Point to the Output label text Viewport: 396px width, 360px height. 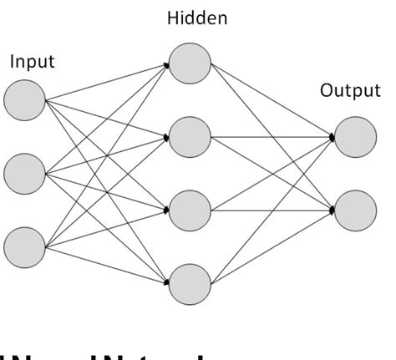point(349,90)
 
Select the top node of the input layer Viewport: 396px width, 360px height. point(24,101)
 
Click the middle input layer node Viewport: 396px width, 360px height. point(24,175)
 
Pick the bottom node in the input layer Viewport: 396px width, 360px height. point(24,247)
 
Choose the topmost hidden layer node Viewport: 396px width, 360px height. point(190,63)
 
